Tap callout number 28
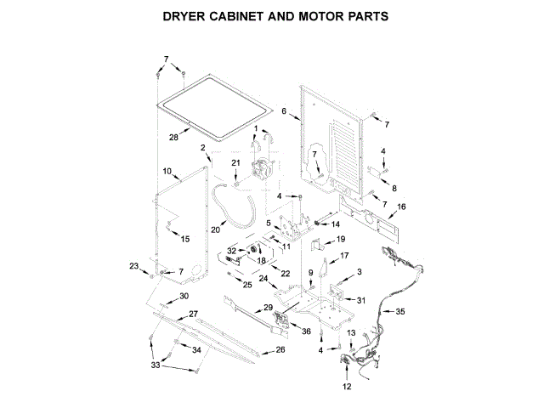click(x=173, y=136)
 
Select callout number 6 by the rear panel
click(x=285, y=110)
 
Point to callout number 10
click(x=167, y=172)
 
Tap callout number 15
click(x=185, y=239)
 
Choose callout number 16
click(x=401, y=206)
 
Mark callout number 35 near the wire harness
click(x=400, y=312)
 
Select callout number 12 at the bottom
click(x=346, y=387)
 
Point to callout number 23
click(x=133, y=266)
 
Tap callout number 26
click(x=280, y=349)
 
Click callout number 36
click(x=306, y=331)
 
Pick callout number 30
click(x=184, y=297)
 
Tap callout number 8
click(x=393, y=186)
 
